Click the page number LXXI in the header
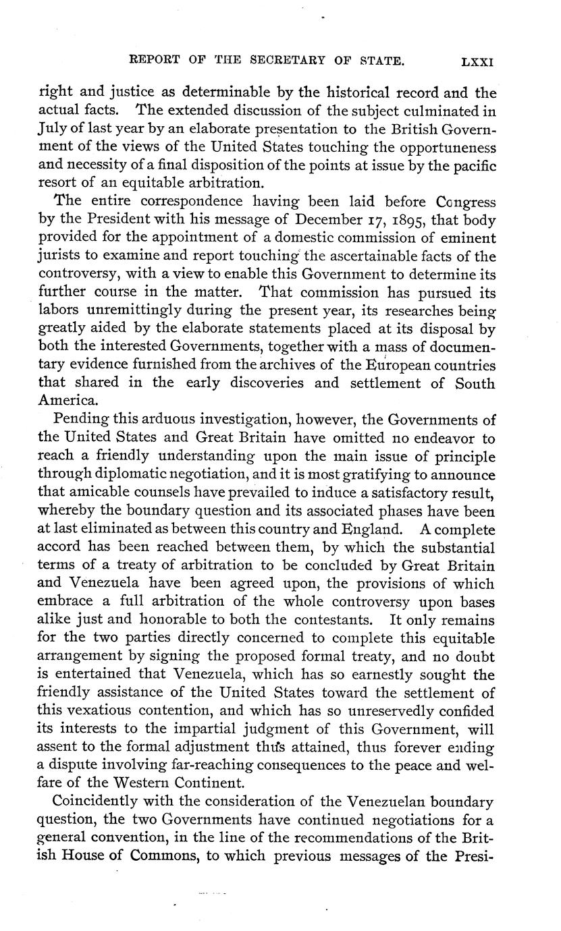click(x=477, y=61)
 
